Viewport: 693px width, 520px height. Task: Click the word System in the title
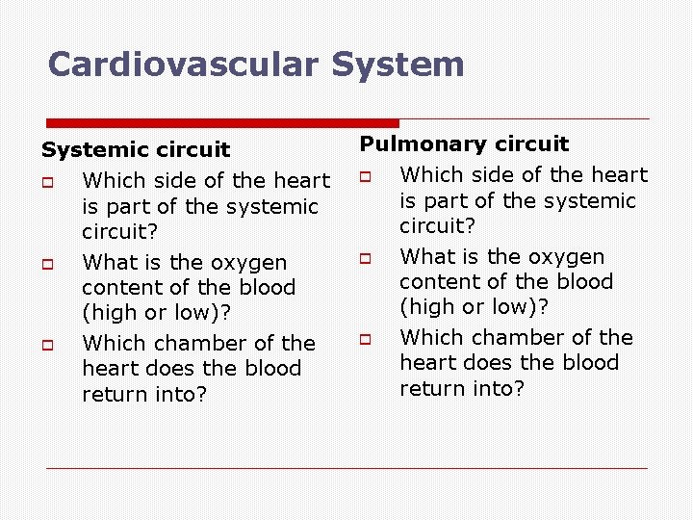[x=398, y=65]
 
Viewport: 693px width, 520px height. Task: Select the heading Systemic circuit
[x=136, y=150]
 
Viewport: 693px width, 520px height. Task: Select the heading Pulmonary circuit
[x=465, y=144]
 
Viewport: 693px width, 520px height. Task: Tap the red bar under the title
[x=222, y=123]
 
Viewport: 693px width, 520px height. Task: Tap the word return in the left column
[x=114, y=394]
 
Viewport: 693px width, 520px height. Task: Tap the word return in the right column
[x=432, y=388]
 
